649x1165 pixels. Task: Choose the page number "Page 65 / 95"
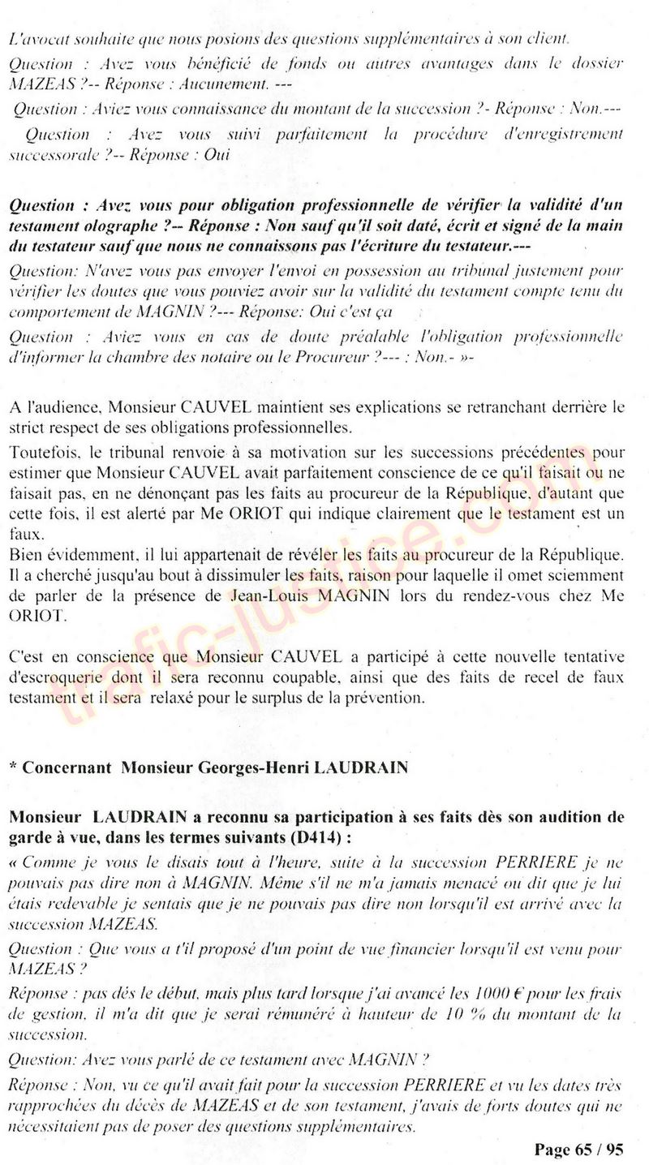578,1150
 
